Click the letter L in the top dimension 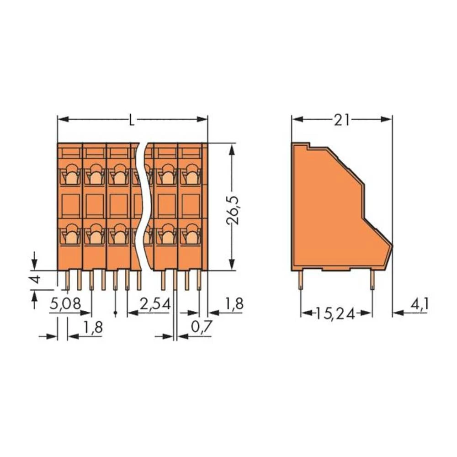coord(132,121)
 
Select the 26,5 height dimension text coord(234,207)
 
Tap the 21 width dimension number coord(342,120)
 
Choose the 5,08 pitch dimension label coord(65,304)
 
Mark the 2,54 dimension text coord(155,304)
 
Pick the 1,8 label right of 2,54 coord(234,304)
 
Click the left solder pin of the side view coord(301,280)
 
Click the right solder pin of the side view coord(372,280)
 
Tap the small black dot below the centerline coord(115,314)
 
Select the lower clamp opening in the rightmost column coord(189,234)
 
